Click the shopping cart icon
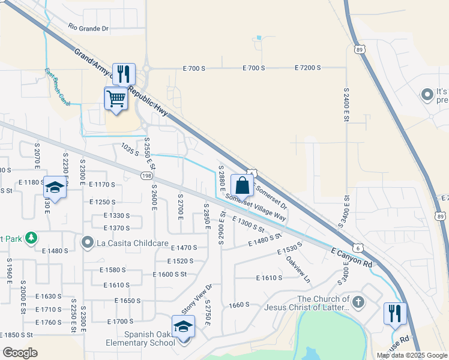point(115,98)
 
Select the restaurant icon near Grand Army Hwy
point(124,74)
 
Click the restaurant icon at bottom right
point(395,314)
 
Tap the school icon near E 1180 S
point(55,188)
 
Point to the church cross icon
point(358,302)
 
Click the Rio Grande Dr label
point(88,28)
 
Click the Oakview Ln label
point(298,270)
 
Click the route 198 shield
point(147,176)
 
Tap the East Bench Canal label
point(58,88)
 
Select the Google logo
point(20,353)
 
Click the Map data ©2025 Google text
point(412,355)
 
